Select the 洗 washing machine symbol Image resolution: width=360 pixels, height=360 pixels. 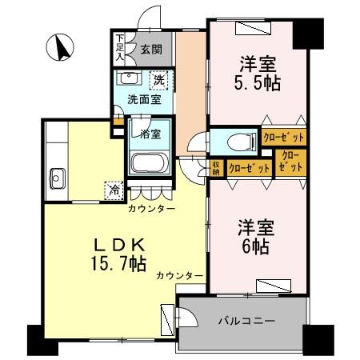click(159, 80)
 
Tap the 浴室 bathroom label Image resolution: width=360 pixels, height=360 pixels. click(151, 134)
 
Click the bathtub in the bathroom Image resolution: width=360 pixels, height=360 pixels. click(149, 166)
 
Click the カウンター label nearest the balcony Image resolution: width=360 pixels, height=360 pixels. click(178, 275)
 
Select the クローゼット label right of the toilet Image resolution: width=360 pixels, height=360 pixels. click(284, 138)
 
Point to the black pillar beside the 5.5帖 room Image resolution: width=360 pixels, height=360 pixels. click(308, 31)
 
